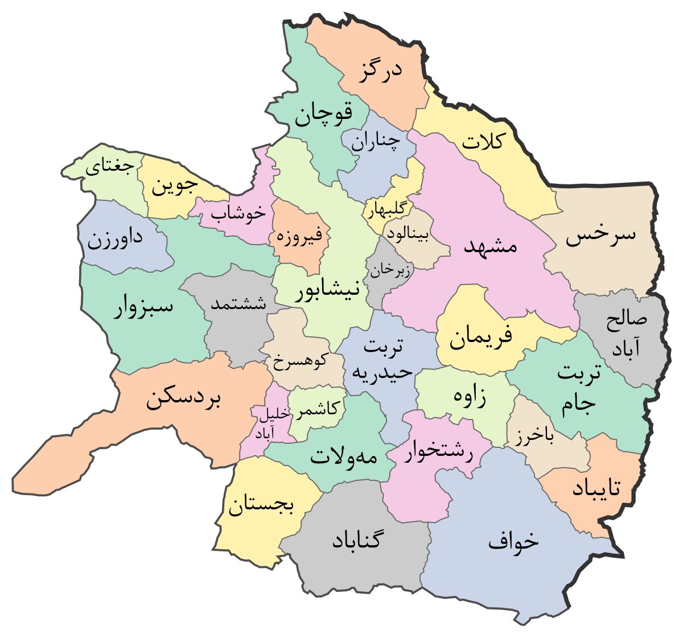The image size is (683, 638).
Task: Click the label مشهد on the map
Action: click(491, 246)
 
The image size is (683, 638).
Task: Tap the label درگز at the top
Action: click(380, 72)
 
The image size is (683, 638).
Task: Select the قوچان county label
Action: click(323, 114)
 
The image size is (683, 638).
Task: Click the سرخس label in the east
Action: click(600, 236)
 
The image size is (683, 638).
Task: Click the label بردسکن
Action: click(183, 400)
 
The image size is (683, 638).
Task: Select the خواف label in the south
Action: click(513, 541)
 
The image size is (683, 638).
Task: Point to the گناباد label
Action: click(356, 540)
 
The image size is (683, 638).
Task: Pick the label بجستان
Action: click(261, 506)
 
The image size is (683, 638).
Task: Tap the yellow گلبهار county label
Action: click(387, 210)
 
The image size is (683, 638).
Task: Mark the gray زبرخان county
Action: click(389, 270)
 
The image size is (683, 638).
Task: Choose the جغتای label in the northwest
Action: click(110, 168)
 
